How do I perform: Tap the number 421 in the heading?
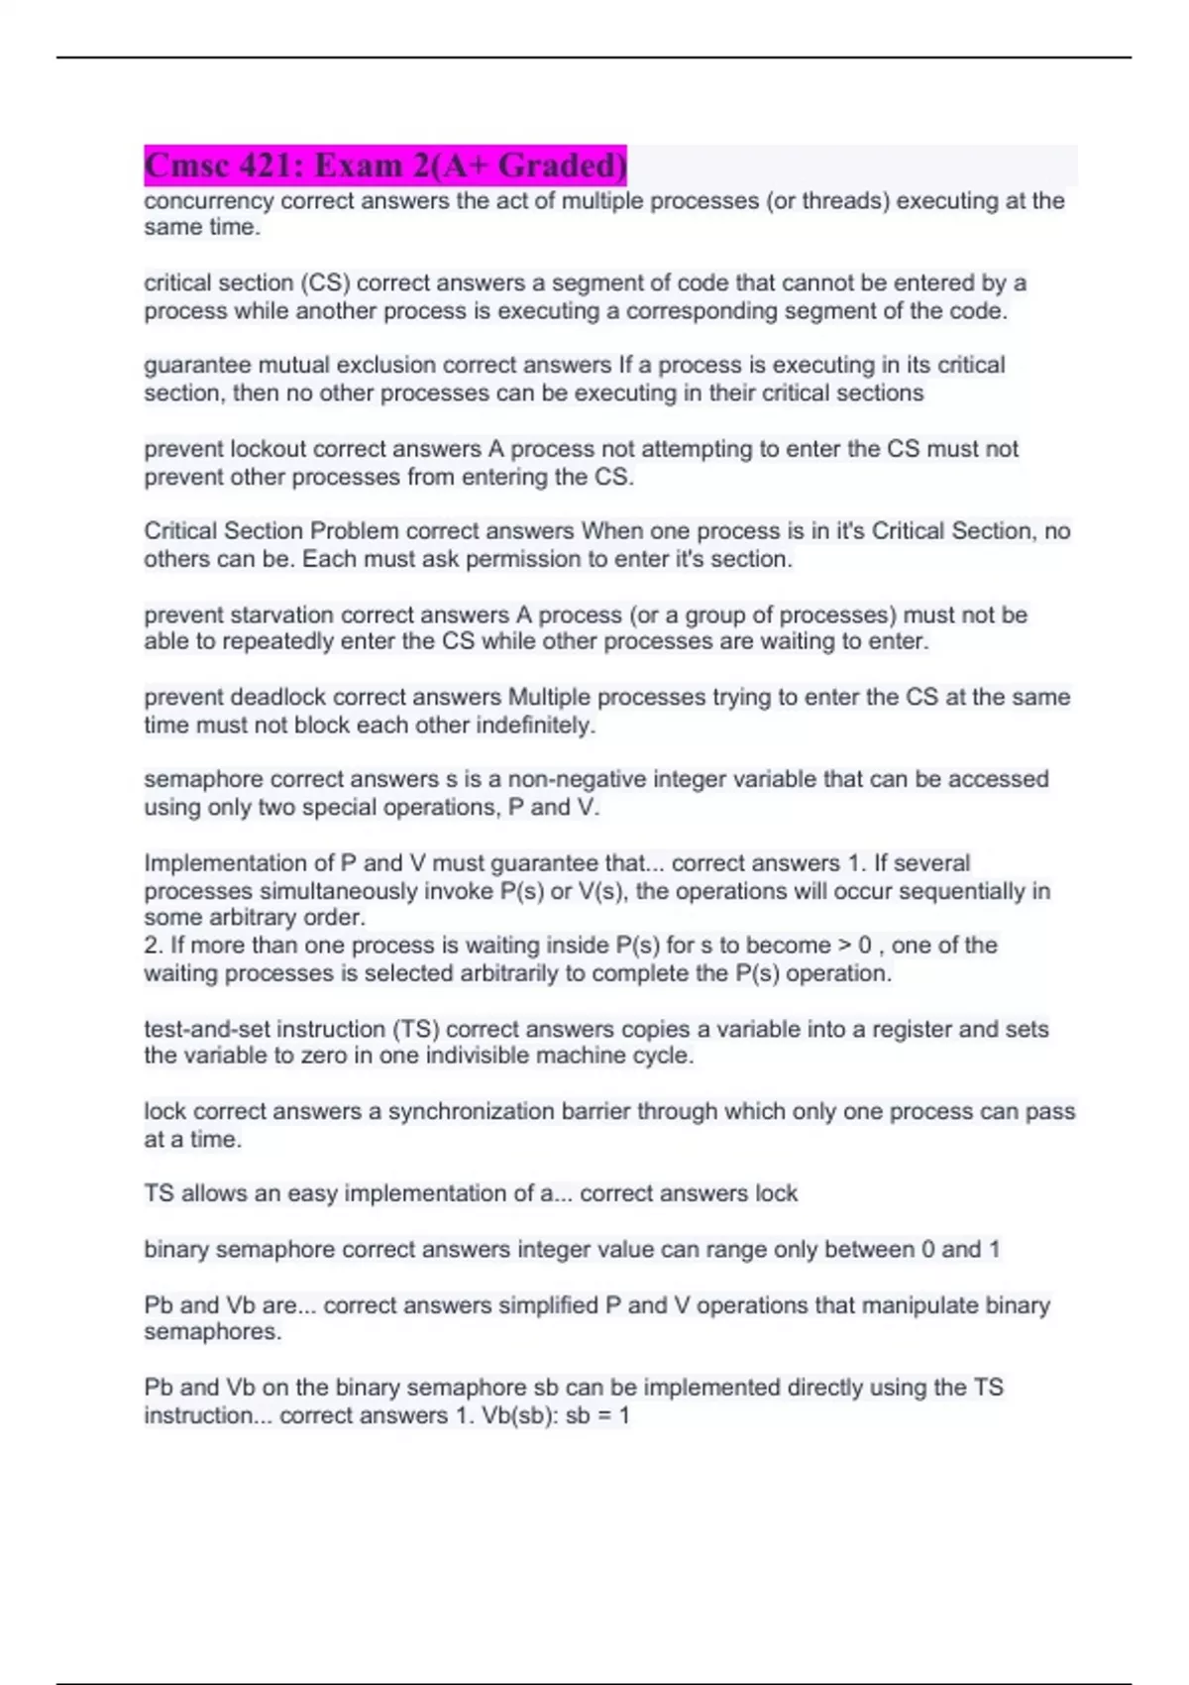pyautogui.click(x=274, y=166)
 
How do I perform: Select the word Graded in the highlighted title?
pyautogui.click(x=562, y=166)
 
